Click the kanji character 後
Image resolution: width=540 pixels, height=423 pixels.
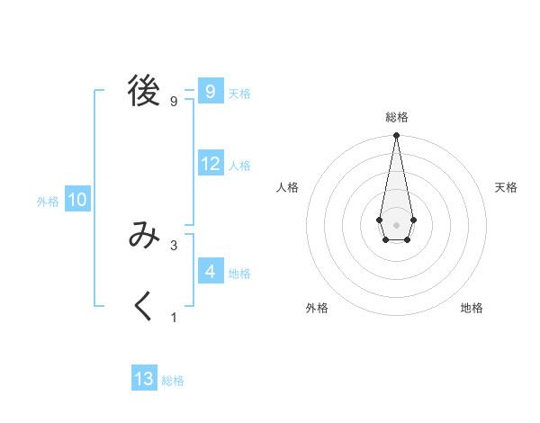pyautogui.click(x=144, y=91)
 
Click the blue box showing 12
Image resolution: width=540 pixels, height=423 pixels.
pyautogui.click(x=211, y=164)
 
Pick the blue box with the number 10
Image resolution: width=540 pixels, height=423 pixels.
pyautogui.click(x=77, y=200)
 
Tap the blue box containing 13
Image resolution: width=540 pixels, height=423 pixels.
pyautogui.click(x=144, y=379)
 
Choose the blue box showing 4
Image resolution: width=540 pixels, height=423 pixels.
pyautogui.click(x=211, y=271)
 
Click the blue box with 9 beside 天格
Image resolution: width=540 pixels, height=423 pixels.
pyautogui.click(x=211, y=91)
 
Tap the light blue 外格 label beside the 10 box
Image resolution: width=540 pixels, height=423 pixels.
pyautogui.click(x=48, y=202)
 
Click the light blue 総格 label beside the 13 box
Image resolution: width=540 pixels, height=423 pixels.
pyautogui.click(x=173, y=381)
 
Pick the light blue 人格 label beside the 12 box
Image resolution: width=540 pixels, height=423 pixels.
pyautogui.click(x=239, y=166)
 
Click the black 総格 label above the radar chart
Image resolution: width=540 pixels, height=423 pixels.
pyautogui.click(x=396, y=117)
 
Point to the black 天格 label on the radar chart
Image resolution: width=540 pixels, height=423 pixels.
pyautogui.click(x=506, y=187)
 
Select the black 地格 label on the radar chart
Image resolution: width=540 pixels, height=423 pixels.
pyautogui.click(x=472, y=309)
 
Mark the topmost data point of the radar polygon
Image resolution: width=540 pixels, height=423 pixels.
pyautogui.click(x=396, y=136)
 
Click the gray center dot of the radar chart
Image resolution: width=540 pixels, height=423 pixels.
pyautogui.click(x=396, y=223)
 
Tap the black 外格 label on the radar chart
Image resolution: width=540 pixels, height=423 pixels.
pyautogui.click(x=317, y=309)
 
